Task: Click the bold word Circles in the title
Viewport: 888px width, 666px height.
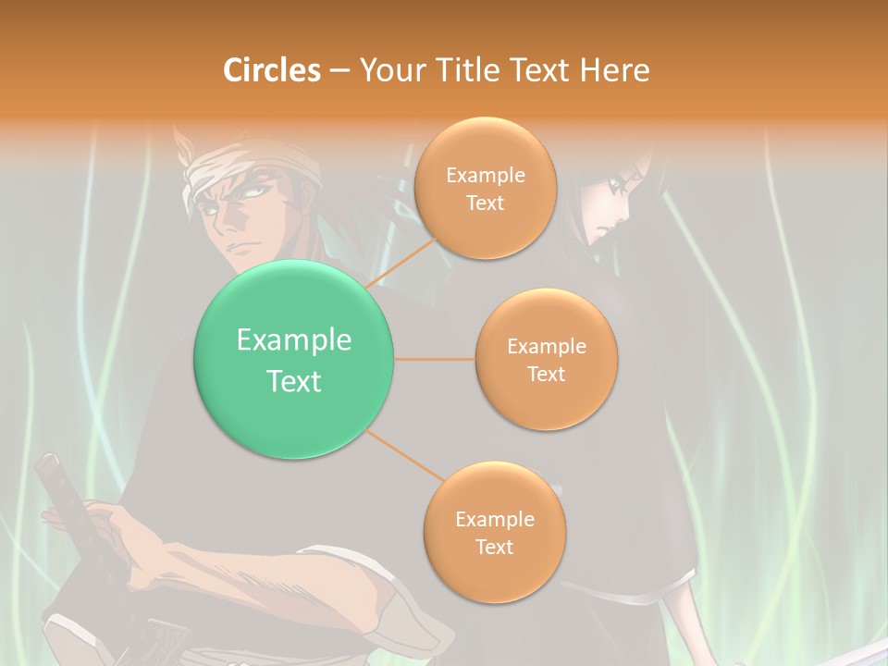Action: click(x=271, y=69)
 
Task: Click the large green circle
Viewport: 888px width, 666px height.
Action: click(x=293, y=359)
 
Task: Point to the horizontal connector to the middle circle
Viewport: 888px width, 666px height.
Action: click(x=435, y=359)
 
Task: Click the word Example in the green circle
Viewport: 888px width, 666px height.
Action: click(x=293, y=340)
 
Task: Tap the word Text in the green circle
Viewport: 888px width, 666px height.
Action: click(x=293, y=381)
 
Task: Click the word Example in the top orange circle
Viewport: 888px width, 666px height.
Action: click(x=485, y=176)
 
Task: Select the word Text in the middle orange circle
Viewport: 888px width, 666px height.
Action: click(x=546, y=374)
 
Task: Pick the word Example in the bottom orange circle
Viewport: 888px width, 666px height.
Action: click(x=494, y=520)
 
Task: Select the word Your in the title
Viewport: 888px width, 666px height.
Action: click(x=389, y=69)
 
